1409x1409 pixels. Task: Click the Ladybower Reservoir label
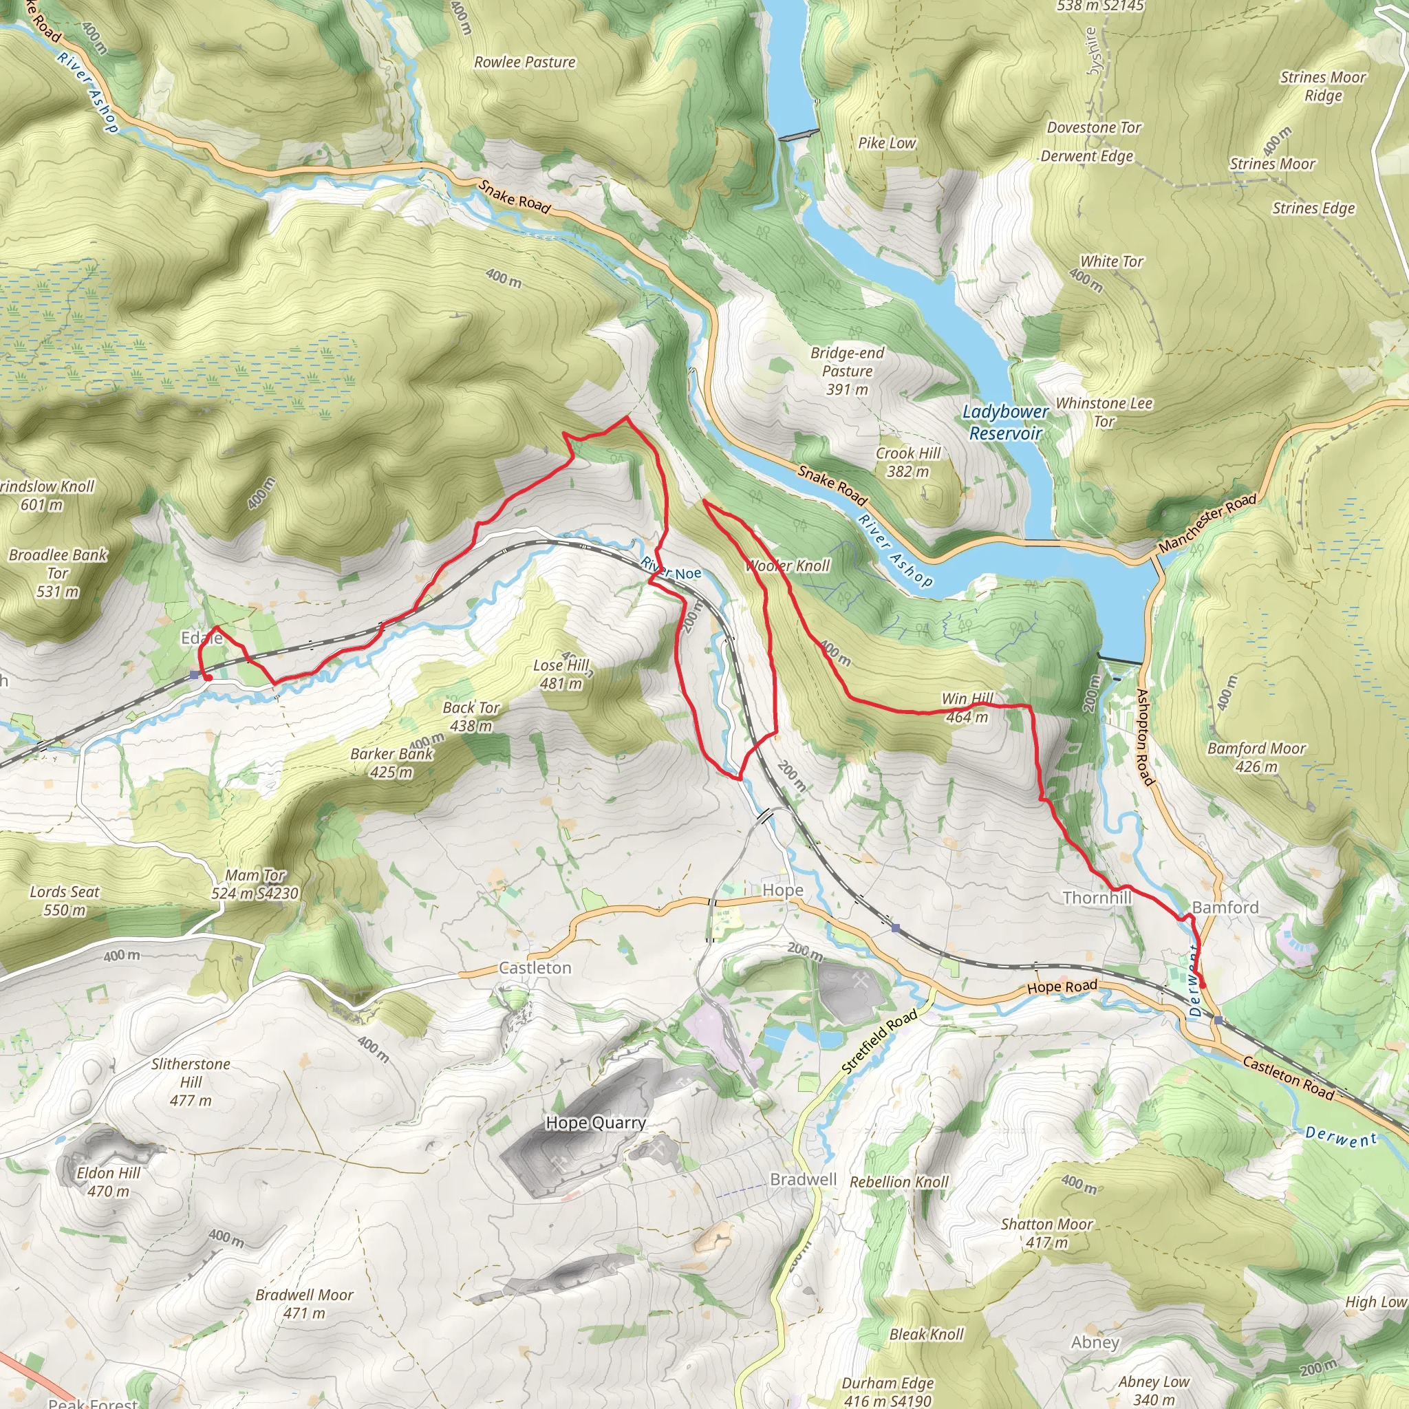1005,422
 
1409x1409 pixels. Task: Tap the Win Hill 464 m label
967,707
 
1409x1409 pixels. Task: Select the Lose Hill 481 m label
561,674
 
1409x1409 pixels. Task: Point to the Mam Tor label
255,875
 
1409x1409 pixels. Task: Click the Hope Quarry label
595,1123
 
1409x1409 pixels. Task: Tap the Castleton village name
535,968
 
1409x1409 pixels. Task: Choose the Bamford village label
1225,907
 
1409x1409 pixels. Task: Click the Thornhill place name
1097,898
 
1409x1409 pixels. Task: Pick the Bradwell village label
803,1180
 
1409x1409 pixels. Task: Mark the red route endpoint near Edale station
208,678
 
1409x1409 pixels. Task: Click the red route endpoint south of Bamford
1202,985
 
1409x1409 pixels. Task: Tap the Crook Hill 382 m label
908,462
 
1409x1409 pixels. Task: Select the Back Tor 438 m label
471,716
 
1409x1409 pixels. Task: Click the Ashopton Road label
1145,738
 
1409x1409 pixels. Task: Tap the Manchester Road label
1207,522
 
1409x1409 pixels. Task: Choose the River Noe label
671,569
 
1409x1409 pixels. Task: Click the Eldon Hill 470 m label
109,1182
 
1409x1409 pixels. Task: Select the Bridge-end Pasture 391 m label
847,371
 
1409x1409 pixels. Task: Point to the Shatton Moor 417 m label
1046,1234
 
